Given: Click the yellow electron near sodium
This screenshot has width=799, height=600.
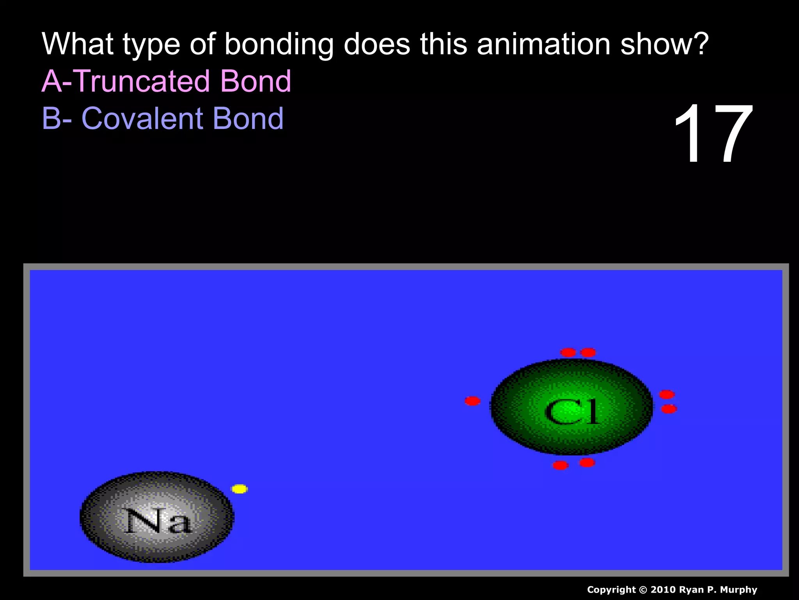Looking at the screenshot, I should click(x=240, y=489).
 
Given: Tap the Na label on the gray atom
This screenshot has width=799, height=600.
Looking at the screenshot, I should click(x=158, y=521).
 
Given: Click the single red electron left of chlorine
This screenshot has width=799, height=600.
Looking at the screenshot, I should click(x=472, y=401).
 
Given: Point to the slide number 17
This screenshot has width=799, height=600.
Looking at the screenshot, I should click(x=713, y=134).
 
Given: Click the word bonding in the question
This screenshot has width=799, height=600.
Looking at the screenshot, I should click(x=279, y=45).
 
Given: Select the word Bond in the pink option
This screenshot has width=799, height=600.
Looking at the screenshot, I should click(x=256, y=81).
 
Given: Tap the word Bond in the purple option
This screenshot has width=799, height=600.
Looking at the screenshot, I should click(x=248, y=118).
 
